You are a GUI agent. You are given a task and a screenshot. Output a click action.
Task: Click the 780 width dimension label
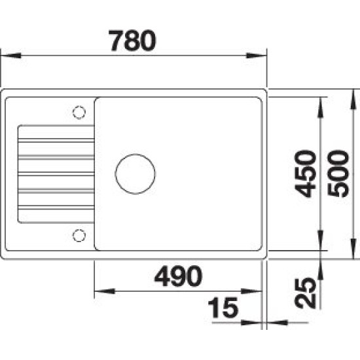click(x=133, y=41)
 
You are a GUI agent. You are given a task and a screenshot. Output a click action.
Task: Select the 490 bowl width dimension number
click(x=179, y=276)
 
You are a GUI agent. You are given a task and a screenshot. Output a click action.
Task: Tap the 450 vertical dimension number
click(x=306, y=173)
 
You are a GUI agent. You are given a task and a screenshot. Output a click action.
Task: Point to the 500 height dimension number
click(x=338, y=173)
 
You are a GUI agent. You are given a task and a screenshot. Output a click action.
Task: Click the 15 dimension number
click(x=223, y=308)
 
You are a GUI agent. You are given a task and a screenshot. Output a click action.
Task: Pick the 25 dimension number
click(x=306, y=293)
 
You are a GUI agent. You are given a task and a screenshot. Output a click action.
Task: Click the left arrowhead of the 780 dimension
click(x=11, y=56)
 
